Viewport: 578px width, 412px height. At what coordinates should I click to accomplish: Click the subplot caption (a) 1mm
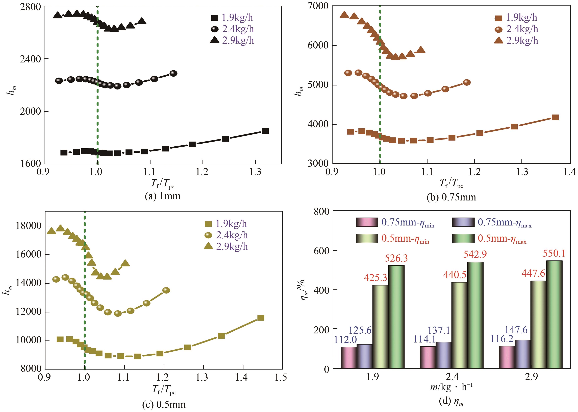(163, 196)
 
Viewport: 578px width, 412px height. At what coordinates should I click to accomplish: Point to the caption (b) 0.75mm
(451, 197)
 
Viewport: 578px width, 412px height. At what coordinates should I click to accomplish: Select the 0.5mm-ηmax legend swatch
(463, 238)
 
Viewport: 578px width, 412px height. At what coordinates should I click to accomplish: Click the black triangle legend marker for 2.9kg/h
(214, 40)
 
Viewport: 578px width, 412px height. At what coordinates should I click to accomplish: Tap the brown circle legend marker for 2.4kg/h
(498, 29)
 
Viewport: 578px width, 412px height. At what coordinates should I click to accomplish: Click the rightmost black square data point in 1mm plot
(265, 131)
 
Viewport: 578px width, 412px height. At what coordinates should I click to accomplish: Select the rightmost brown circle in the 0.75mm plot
(467, 82)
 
